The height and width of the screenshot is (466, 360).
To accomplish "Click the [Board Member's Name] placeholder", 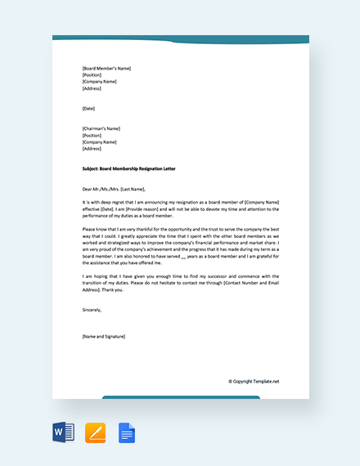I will (106, 68).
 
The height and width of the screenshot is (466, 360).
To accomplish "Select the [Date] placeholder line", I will (88, 108).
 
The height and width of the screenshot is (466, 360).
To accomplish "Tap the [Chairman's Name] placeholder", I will (101, 128).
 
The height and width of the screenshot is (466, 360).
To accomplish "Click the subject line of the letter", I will (128, 168).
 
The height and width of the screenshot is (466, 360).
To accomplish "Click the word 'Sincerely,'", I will (92, 310).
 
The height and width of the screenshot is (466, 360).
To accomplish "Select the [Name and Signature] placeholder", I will (104, 337).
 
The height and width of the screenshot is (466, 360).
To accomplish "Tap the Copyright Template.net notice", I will (254, 381).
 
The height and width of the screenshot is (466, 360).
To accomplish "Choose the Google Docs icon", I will (126, 432).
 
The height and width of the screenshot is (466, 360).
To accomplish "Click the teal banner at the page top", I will (180, 39).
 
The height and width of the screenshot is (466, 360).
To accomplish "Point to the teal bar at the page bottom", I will (181, 397).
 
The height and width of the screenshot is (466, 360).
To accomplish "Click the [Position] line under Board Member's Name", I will (92, 74).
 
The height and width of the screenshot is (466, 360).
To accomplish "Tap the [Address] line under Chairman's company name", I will (92, 149).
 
